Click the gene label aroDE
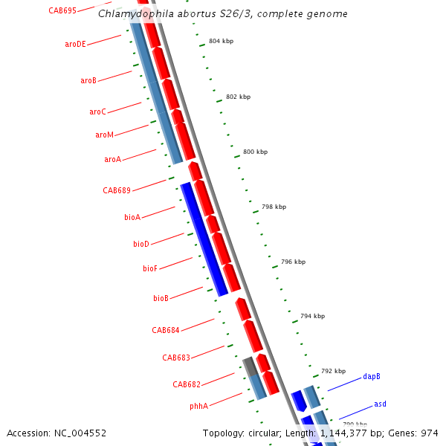[x=75, y=45]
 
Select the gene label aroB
[x=88, y=80]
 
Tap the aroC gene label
[x=97, y=111]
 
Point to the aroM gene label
[x=104, y=135]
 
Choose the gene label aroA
[x=112, y=159]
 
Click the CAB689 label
[x=117, y=190]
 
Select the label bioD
[x=141, y=244]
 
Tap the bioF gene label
[x=150, y=268]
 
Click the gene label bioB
[x=161, y=298]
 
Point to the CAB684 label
[x=165, y=330]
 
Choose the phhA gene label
[x=198, y=407]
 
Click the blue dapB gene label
[x=372, y=377]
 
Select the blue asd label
[x=380, y=404]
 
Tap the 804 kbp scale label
[x=221, y=41]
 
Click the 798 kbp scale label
[x=274, y=207]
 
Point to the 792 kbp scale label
[x=333, y=371]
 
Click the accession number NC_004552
[x=80, y=433]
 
